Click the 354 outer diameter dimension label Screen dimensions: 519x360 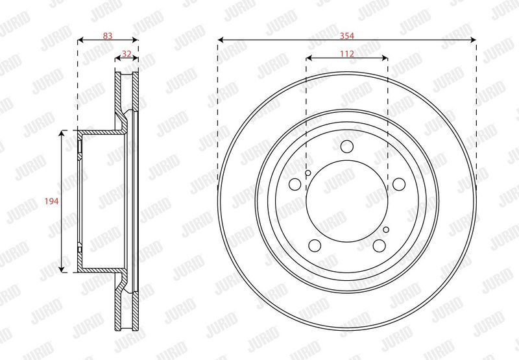347,36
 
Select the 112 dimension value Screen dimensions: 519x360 347,54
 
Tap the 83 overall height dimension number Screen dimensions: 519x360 108,36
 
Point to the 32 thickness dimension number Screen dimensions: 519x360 127,54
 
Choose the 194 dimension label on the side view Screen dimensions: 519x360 52,201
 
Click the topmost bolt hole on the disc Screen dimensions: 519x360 347,146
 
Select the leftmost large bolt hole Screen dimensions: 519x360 295,184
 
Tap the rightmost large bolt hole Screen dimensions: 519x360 399,184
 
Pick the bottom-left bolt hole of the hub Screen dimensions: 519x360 315,245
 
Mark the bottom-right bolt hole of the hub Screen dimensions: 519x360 379,245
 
